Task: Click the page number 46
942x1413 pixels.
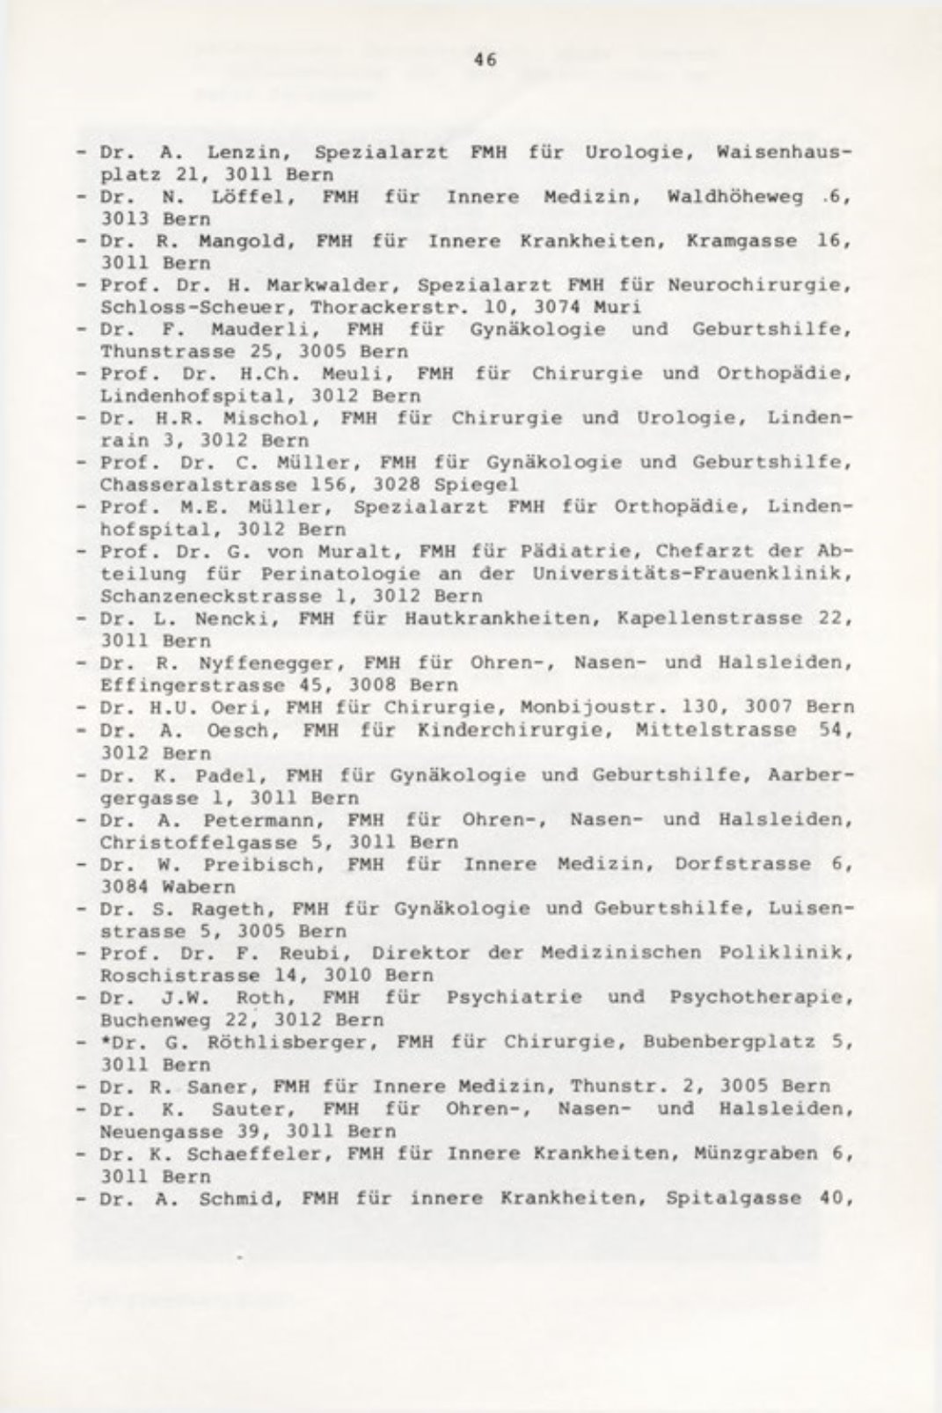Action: (486, 60)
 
